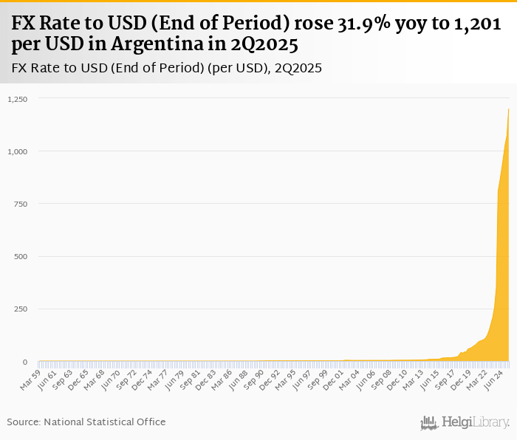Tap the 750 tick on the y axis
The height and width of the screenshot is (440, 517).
point(20,204)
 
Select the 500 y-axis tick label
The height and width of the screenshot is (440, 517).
point(20,257)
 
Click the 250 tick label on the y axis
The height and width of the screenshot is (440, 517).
point(20,309)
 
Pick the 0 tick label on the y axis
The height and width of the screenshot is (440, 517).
point(24,362)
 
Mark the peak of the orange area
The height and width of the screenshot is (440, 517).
point(508,109)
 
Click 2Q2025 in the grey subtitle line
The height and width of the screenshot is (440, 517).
point(298,68)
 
